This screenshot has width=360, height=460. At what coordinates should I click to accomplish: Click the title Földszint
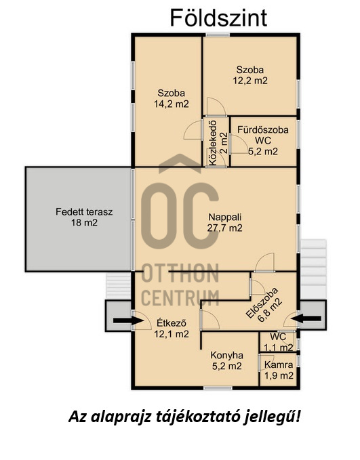tap(218, 18)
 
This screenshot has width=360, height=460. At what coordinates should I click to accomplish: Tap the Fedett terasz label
tap(84, 211)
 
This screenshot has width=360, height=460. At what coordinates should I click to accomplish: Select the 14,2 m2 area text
tap(172, 104)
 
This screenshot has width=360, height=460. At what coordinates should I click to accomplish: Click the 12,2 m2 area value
tap(250, 81)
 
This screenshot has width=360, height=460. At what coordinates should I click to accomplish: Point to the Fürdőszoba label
tap(263, 129)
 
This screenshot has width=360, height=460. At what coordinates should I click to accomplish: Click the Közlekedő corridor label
tap(213, 142)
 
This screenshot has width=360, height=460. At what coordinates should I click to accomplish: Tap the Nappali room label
tap(225, 217)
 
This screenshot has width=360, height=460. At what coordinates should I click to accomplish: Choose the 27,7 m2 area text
tap(225, 228)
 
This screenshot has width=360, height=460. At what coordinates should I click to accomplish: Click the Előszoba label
tap(261, 302)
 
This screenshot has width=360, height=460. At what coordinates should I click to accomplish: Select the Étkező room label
tap(172, 322)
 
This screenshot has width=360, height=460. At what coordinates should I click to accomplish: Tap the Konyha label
tap(226, 355)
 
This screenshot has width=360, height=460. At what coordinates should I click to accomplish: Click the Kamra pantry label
tap(279, 364)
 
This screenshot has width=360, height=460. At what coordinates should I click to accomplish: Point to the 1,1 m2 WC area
tap(279, 348)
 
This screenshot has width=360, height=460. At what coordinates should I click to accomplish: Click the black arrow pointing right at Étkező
tap(128, 320)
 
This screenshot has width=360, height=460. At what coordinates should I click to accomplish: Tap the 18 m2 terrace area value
tap(84, 223)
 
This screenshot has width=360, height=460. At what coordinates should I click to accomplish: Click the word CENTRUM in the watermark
tap(180, 297)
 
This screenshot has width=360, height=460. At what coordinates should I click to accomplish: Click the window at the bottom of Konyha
tap(218, 388)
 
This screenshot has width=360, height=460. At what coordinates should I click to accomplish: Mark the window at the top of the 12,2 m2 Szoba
tap(218, 35)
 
